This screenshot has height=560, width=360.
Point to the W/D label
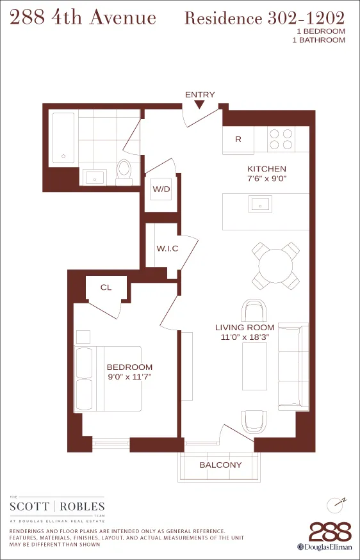[x=160, y=190]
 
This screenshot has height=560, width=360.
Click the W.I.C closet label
[x=167, y=248]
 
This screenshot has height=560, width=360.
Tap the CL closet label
[x=106, y=287]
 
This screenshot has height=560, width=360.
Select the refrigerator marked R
[x=238, y=140]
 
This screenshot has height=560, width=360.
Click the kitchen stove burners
[x=281, y=140]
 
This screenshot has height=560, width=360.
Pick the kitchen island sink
[x=261, y=205]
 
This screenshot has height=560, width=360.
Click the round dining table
[x=275, y=264]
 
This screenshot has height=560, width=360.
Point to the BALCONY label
[x=220, y=465]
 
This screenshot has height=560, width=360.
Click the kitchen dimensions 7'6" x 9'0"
[x=266, y=179]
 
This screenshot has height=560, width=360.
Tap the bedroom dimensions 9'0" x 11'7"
[x=129, y=377]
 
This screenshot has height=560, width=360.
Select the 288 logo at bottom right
[x=330, y=532]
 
